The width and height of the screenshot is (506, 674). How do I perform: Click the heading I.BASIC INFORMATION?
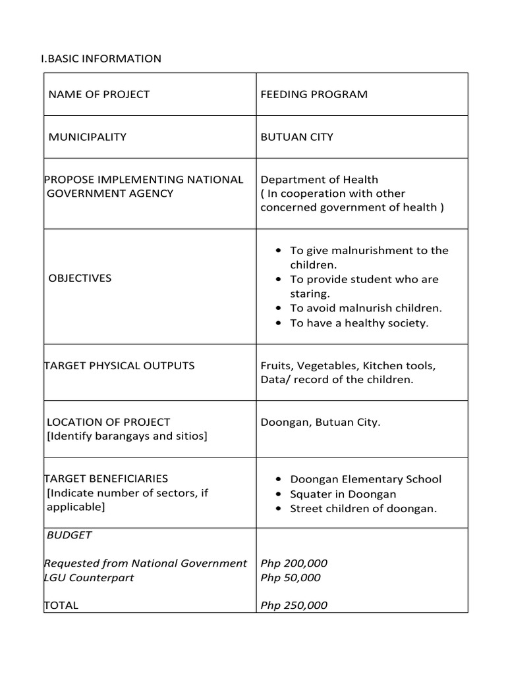point(101,59)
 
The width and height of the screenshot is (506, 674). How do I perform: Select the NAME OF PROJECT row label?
point(99,94)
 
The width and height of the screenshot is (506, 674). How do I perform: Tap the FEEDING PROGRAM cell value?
point(314,94)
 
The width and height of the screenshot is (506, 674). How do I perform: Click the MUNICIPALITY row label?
point(88,137)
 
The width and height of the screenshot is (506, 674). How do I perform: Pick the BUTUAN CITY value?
point(296,137)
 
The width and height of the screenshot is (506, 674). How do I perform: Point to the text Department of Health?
point(319,179)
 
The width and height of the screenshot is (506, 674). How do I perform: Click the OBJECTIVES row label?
point(80,278)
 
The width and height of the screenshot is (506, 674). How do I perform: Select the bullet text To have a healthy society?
point(359,323)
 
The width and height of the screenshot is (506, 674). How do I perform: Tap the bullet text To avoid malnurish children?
point(366,307)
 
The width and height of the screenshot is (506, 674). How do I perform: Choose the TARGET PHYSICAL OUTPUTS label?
point(119,365)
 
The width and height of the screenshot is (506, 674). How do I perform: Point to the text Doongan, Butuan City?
point(320,422)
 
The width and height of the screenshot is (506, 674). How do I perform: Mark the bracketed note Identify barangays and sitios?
point(126,436)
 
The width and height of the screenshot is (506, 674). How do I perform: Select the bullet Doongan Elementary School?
point(366,479)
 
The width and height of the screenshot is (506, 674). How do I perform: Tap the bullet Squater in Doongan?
point(343,494)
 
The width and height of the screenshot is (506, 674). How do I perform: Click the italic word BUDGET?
point(69,535)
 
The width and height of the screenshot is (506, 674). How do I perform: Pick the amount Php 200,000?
point(294,563)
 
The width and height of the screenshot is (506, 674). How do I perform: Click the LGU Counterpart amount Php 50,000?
point(291,578)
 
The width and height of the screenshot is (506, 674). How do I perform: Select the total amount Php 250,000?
point(294,606)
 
